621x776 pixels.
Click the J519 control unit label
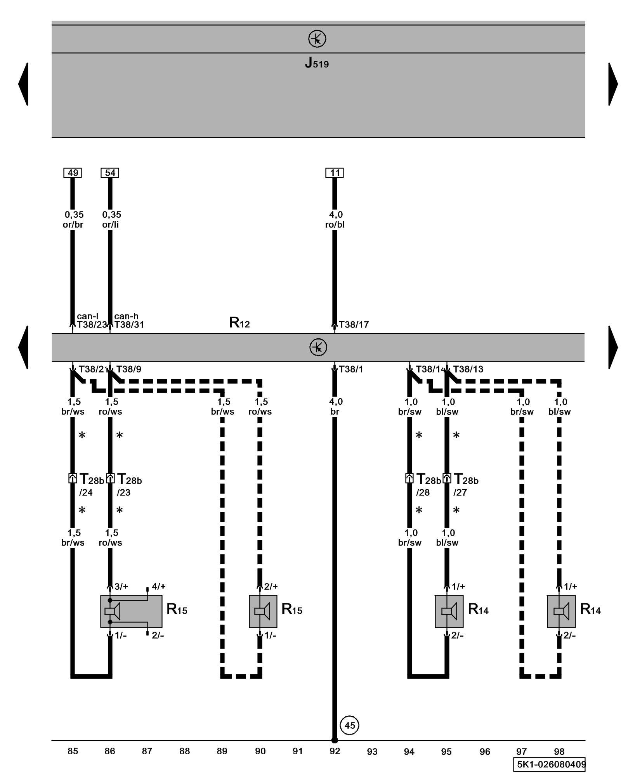coord(317,63)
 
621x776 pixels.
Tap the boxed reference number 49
coord(73,173)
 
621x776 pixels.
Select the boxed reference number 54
coord(110,173)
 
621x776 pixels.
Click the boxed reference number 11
coord(335,173)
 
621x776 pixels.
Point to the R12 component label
coord(239,322)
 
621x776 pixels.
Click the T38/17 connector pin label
coord(354,325)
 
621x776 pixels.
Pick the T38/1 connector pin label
coord(351,369)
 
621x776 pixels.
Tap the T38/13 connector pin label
coord(468,369)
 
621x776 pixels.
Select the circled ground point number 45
coord(350,725)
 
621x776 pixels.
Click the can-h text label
coord(126,316)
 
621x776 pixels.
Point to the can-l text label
coord(87,316)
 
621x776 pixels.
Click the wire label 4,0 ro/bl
coord(335,220)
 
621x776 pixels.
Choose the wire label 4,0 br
coord(335,406)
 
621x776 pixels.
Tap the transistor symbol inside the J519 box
coord(317,39)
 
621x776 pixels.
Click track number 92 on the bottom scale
coord(335,751)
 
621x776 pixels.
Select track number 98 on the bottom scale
coord(559,751)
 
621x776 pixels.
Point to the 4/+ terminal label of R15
coord(158,586)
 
